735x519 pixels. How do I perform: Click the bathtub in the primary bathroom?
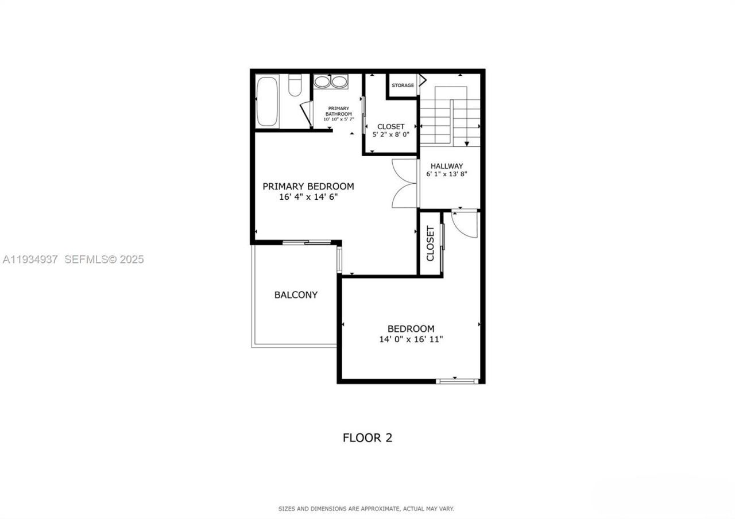pyautogui.click(x=266, y=102)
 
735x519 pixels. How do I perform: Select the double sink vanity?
pyautogui.click(x=330, y=82)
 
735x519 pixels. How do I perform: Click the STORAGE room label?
pyautogui.click(x=403, y=86)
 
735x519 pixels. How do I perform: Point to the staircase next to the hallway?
pyautogui.click(x=450, y=115)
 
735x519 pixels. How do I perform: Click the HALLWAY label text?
pyautogui.click(x=447, y=166)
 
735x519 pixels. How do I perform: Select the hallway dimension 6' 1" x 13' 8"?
pyautogui.click(x=447, y=174)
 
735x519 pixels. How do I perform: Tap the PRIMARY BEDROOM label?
pyautogui.click(x=308, y=186)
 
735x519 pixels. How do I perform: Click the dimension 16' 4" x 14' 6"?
pyautogui.click(x=308, y=197)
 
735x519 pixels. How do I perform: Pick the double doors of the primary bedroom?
pyautogui.click(x=404, y=183)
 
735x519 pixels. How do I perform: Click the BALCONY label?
pyautogui.click(x=296, y=295)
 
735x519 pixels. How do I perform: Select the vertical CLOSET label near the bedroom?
pyautogui.click(x=430, y=243)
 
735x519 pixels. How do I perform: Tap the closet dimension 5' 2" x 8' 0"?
pyautogui.click(x=390, y=134)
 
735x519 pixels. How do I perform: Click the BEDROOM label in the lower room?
pyautogui.click(x=411, y=328)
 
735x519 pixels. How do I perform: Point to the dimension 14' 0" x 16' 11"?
pyautogui.click(x=411, y=339)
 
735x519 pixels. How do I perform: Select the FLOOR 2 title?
pyautogui.click(x=367, y=437)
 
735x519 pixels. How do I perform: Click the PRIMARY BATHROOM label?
pyautogui.click(x=338, y=111)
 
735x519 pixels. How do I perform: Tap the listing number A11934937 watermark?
pyautogui.click(x=30, y=259)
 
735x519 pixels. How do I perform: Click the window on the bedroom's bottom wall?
pyautogui.click(x=457, y=380)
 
